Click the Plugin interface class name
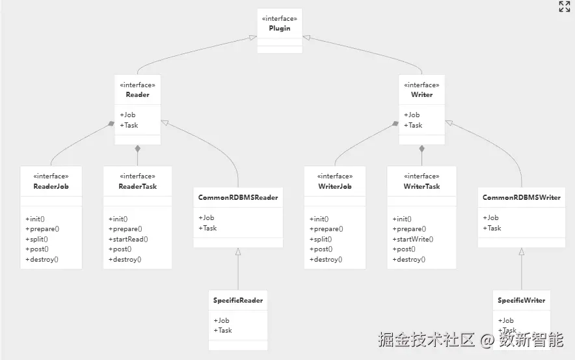pos(279,29)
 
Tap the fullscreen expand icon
pos(565,7)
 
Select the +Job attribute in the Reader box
pos(128,115)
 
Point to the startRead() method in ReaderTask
pos(128,239)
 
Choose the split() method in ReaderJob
pos(36,239)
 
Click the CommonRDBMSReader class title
pos(238,197)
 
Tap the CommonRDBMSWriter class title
pos(521,197)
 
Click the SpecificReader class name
pos(237,301)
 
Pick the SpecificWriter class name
pos(521,301)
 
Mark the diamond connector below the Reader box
pos(137,148)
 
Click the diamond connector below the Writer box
pos(421,148)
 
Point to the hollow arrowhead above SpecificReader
pos(238,252)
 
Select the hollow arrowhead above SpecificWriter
pos(521,252)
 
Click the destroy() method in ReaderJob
pos(42,259)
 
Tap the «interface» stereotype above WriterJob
pos(334,176)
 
